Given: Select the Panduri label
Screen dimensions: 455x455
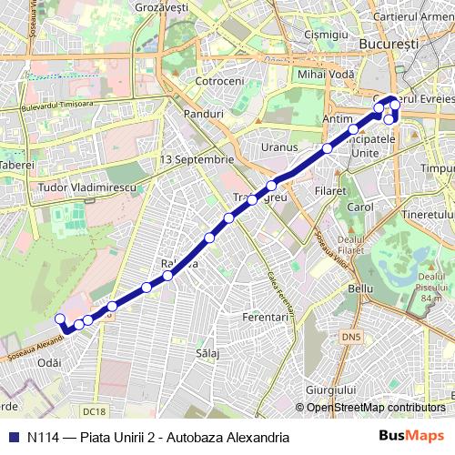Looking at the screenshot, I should tap(203, 115).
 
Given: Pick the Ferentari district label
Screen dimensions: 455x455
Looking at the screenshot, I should tap(266, 318).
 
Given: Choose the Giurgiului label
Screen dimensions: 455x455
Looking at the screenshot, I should tap(330, 389).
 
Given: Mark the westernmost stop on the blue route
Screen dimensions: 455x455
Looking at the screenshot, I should tap(60, 318).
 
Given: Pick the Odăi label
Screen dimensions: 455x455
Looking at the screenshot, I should tap(50, 362).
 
